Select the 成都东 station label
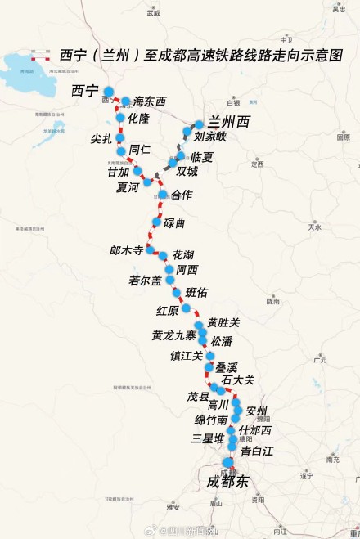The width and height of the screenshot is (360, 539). coord(229,482)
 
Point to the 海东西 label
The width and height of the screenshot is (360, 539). coord(149,101)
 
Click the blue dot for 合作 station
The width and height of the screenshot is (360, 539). coord(163,195)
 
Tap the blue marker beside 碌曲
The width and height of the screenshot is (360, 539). coord(157,222)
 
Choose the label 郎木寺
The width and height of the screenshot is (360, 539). coord(127,250)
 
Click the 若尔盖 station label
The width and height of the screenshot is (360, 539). coord(146,281)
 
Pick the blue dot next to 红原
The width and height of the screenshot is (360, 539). coord(187,308)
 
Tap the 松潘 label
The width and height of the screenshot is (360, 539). coord(222,341)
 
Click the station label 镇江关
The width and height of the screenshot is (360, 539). coord(187,356)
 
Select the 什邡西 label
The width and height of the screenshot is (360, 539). coord(254,430)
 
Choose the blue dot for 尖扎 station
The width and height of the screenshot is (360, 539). coord(119,137)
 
